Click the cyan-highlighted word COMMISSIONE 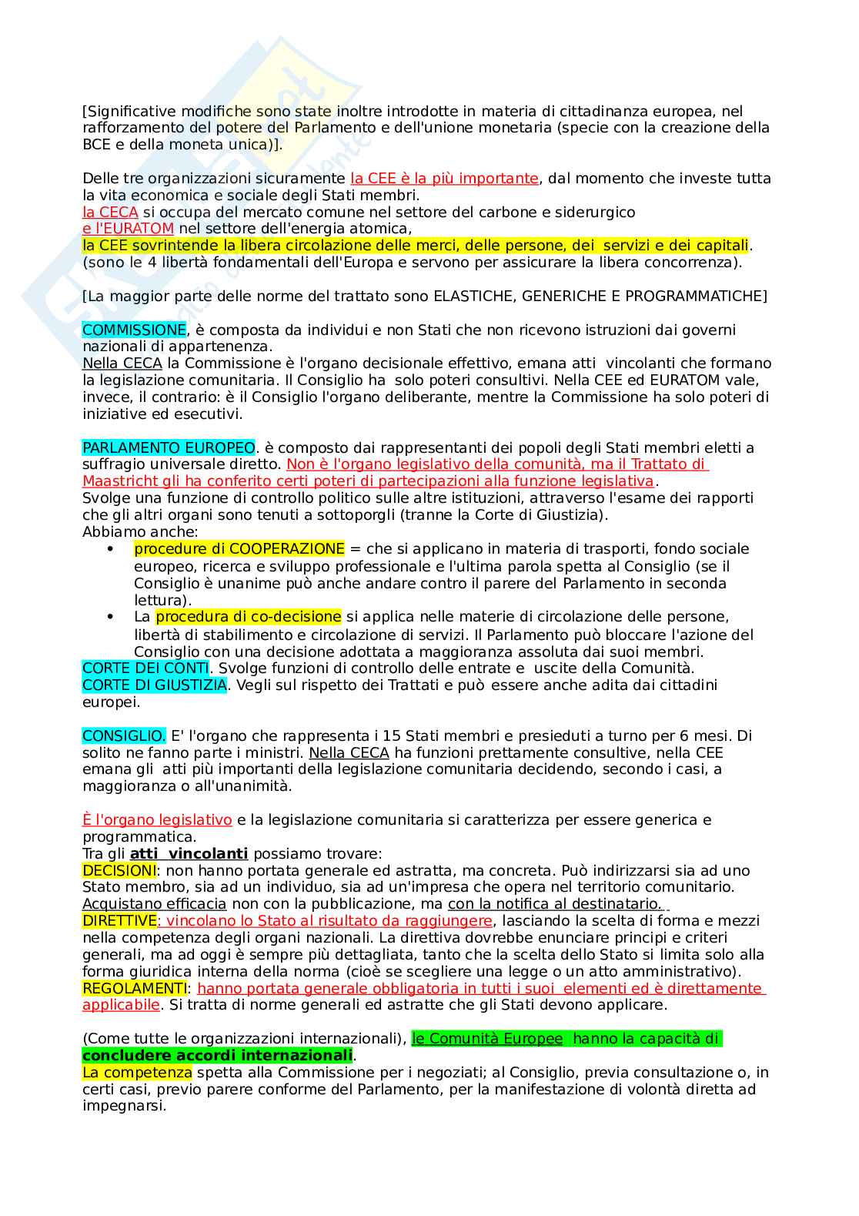point(134,330)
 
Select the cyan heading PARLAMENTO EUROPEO point(169,448)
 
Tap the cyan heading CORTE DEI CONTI point(145,668)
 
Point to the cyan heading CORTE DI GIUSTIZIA point(155,685)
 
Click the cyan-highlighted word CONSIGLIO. point(123,736)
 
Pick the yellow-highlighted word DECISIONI point(119,871)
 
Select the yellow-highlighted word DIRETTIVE point(119,921)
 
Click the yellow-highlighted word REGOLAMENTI point(134,989)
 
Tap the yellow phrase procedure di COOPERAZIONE point(239,549)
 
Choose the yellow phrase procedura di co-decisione point(248,617)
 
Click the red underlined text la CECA point(110,212)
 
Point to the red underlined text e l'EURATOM point(129,229)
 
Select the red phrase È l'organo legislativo point(157,820)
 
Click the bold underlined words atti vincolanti point(189,854)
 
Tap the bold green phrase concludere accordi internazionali point(217,1056)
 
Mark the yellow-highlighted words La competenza point(137,1073)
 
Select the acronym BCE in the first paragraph point(97,145)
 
